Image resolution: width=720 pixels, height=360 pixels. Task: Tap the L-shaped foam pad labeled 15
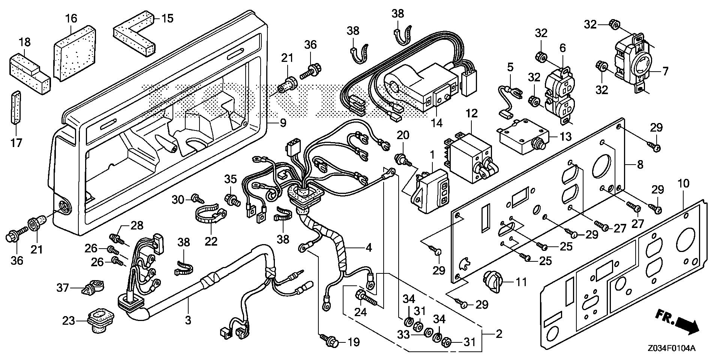pyautogui.click(x=135, y=34)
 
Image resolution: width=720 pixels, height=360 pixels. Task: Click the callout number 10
pyautogui.click(x=684, y=184)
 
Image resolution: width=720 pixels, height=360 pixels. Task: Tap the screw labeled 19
pyautogui.click(x=330, y=341)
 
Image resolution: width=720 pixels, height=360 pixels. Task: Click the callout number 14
pyautogui.click(x=437, y=122)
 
